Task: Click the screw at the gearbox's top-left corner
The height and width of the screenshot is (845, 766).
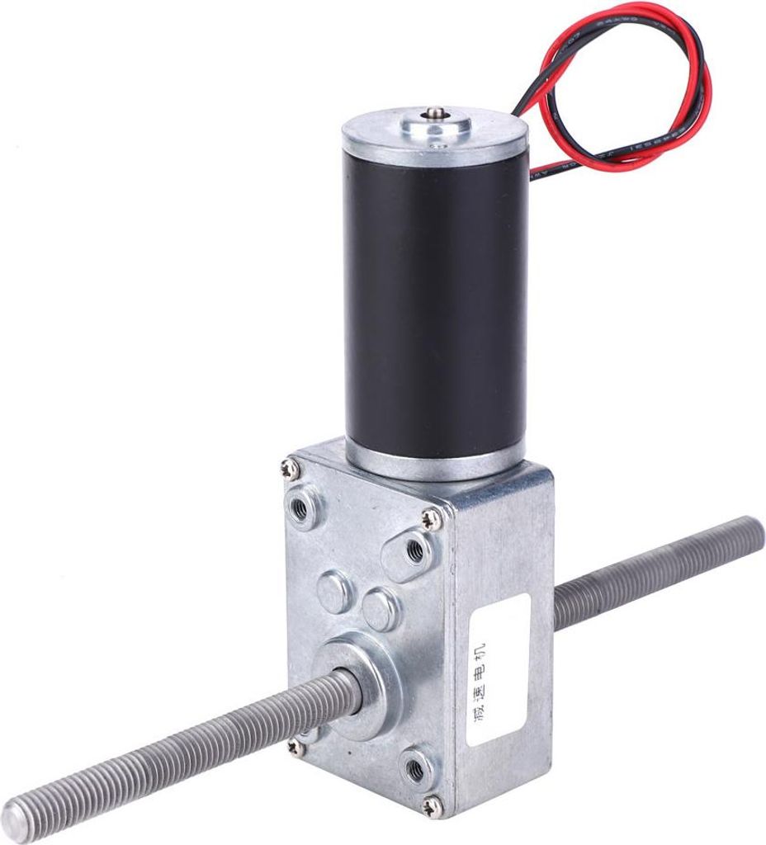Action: click(295, 468)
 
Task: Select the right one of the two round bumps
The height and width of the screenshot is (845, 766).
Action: click(380, 611)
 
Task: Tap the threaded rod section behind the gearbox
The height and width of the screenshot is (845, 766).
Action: click(652, 569)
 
